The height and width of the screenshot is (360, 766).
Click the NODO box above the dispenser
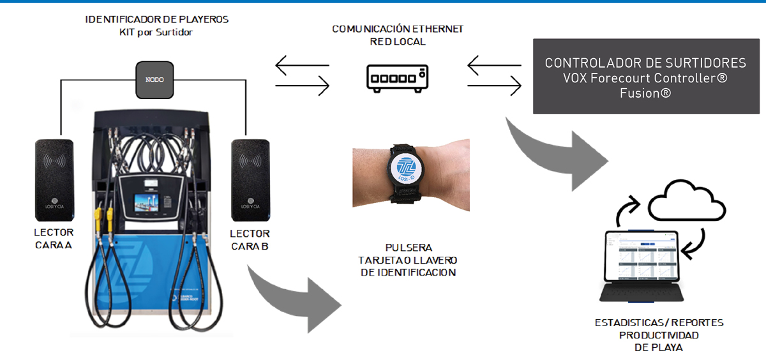tap(155, 79)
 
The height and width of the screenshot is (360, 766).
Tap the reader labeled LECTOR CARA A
tap(54, 179)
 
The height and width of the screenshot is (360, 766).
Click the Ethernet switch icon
tap(398, 77)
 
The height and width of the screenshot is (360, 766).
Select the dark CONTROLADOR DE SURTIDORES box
tap(645, 76)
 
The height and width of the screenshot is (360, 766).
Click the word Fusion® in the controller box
tap(645, 93)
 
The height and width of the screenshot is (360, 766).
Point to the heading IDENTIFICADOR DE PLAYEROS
tap(157, 20)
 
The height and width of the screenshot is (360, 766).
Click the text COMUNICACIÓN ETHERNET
tap(398, 29)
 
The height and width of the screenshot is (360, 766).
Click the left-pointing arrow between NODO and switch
tap(302, 65)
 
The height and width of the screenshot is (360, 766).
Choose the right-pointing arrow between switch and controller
tap(495, 86)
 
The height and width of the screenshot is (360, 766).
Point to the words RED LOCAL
tap(398, 41)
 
